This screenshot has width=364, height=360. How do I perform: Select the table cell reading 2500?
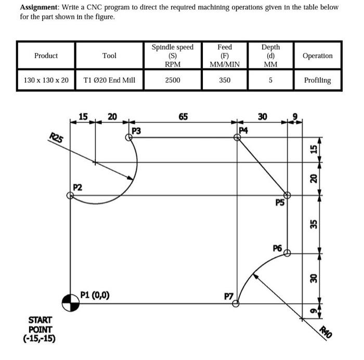172,81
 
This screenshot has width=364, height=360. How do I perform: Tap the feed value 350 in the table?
225,81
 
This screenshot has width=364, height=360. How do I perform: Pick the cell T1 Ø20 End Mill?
109,81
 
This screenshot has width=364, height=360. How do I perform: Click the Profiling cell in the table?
317,81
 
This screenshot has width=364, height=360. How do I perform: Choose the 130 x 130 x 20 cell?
46,81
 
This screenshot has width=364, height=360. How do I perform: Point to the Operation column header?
317,56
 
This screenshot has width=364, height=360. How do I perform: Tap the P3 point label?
137,130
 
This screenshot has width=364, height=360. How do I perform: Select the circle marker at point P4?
237,137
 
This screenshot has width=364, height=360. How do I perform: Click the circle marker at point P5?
287,195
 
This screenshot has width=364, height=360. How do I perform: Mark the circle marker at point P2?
70,195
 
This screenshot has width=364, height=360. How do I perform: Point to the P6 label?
277,248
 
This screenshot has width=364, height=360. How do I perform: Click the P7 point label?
228,296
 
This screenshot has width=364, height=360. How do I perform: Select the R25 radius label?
56,139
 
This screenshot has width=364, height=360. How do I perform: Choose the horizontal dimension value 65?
183,117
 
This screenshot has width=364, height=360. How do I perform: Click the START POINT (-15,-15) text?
40,329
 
